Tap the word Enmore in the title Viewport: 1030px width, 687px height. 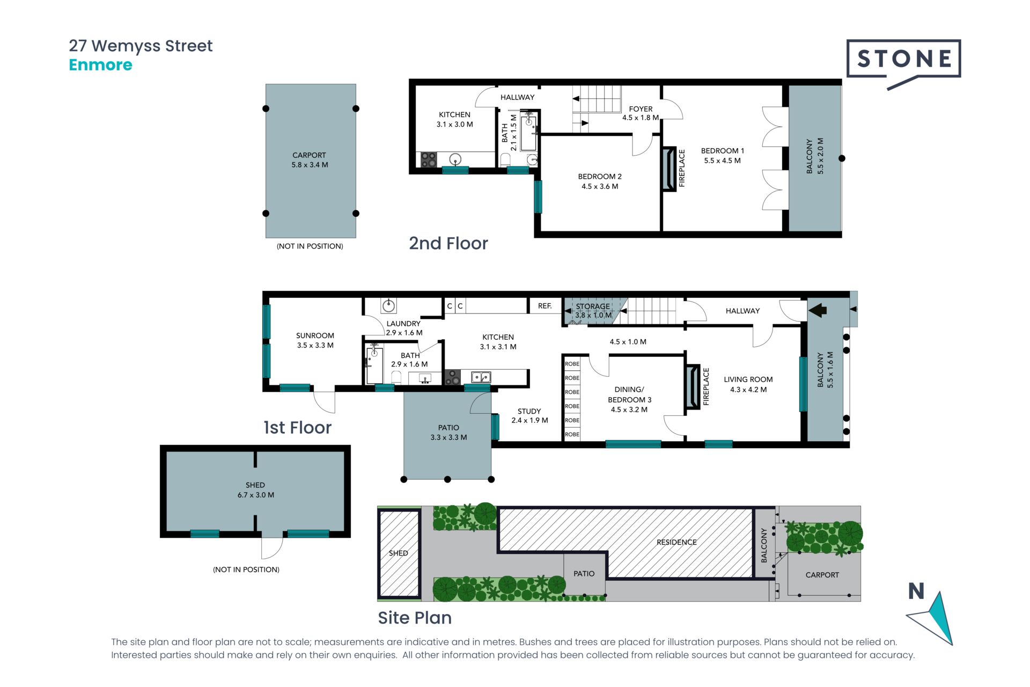[x=100, y=65]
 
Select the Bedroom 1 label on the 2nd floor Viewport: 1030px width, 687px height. [x=722, y=156]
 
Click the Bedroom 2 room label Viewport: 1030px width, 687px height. [x=600, y=181]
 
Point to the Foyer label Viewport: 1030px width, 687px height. [x=641, y=113]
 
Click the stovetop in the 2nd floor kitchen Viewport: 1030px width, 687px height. [x=429, y=159]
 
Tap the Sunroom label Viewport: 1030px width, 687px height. [x=315, y=340]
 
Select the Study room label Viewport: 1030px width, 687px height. [x=529, y=416]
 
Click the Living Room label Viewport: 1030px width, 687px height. [x=748, y=384]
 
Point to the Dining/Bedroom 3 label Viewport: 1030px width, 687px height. [x=629, y=399]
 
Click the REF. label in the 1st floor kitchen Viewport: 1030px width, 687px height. [x=545, y=306]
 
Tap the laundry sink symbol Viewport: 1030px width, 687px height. [x=389, y=306]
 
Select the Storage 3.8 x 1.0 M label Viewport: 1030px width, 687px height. [x=593, y=311]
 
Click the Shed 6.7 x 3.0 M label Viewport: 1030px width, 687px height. [x=255, y=490]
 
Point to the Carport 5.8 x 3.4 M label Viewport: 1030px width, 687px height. [x=310, y=160]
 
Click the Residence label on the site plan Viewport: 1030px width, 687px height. [x=676, y=542]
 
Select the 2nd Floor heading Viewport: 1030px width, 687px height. [x=448, y=243]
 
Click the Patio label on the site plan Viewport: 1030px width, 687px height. [x=584, y=574]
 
